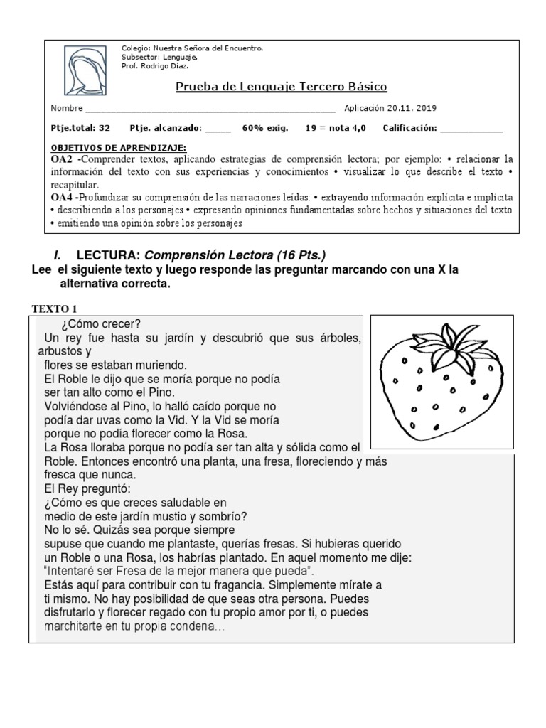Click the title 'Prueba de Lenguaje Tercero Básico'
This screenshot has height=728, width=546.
(x=281, y=87)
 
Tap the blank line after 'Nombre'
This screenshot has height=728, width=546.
(x=210, y=110)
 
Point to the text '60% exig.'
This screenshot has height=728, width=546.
(x=265, y=129)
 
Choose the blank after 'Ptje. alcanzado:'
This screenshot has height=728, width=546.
(x=218, y=130)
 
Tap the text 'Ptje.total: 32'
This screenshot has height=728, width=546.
(x=80, y=129)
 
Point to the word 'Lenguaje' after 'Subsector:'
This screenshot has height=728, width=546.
(x=181, y=57)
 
